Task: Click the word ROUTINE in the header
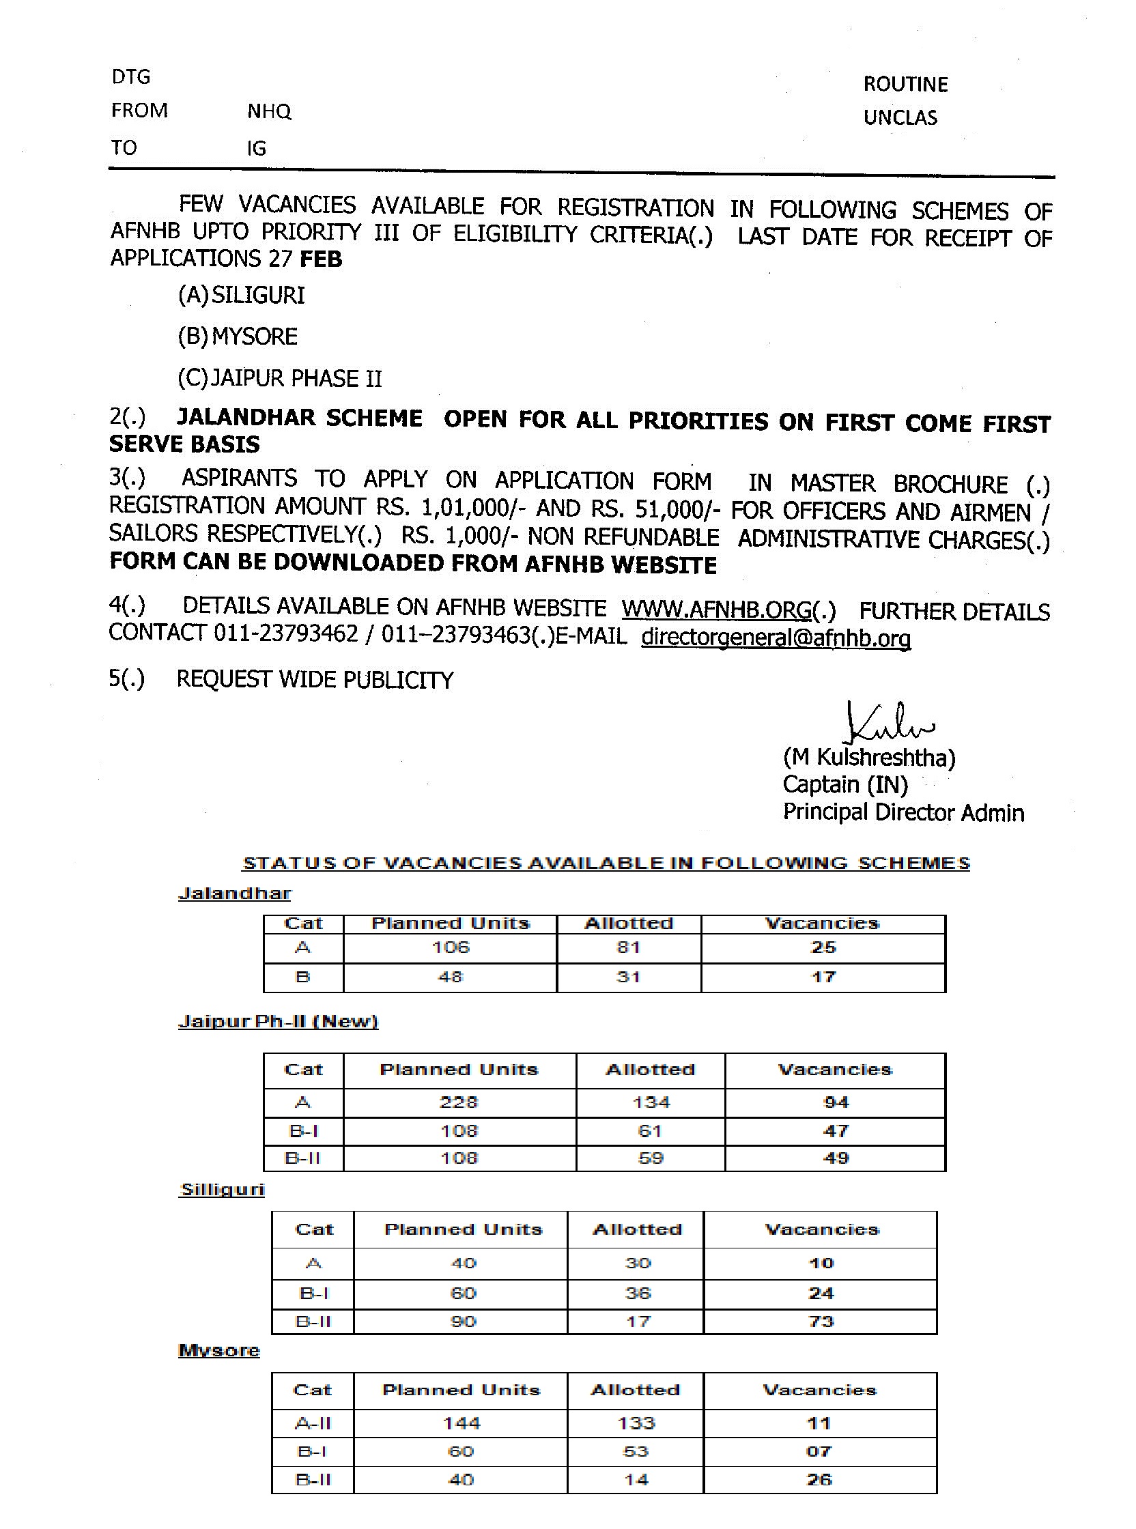pos(905,85)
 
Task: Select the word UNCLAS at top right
pos(900,117)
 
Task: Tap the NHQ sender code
pos(269,111)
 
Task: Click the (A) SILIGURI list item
pos(241,296)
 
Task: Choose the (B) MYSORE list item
pos(238,337)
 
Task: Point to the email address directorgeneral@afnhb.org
pos(776,638)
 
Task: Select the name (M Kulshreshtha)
pos(868,758)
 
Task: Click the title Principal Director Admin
pos(903,813)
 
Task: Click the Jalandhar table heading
pos(234,893)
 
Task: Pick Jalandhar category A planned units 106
pos(451,947)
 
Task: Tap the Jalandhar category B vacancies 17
pos(823,977)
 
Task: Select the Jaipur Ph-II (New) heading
pos(278,1022)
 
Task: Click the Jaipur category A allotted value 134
pos(651,1103)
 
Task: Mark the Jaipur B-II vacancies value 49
pos(836,1158)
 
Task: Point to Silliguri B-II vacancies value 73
pos(821,1321)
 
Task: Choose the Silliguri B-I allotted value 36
pos(638,1294)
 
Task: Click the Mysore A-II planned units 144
pos(461,1423)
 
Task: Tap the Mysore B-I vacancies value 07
pos(819,1451)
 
